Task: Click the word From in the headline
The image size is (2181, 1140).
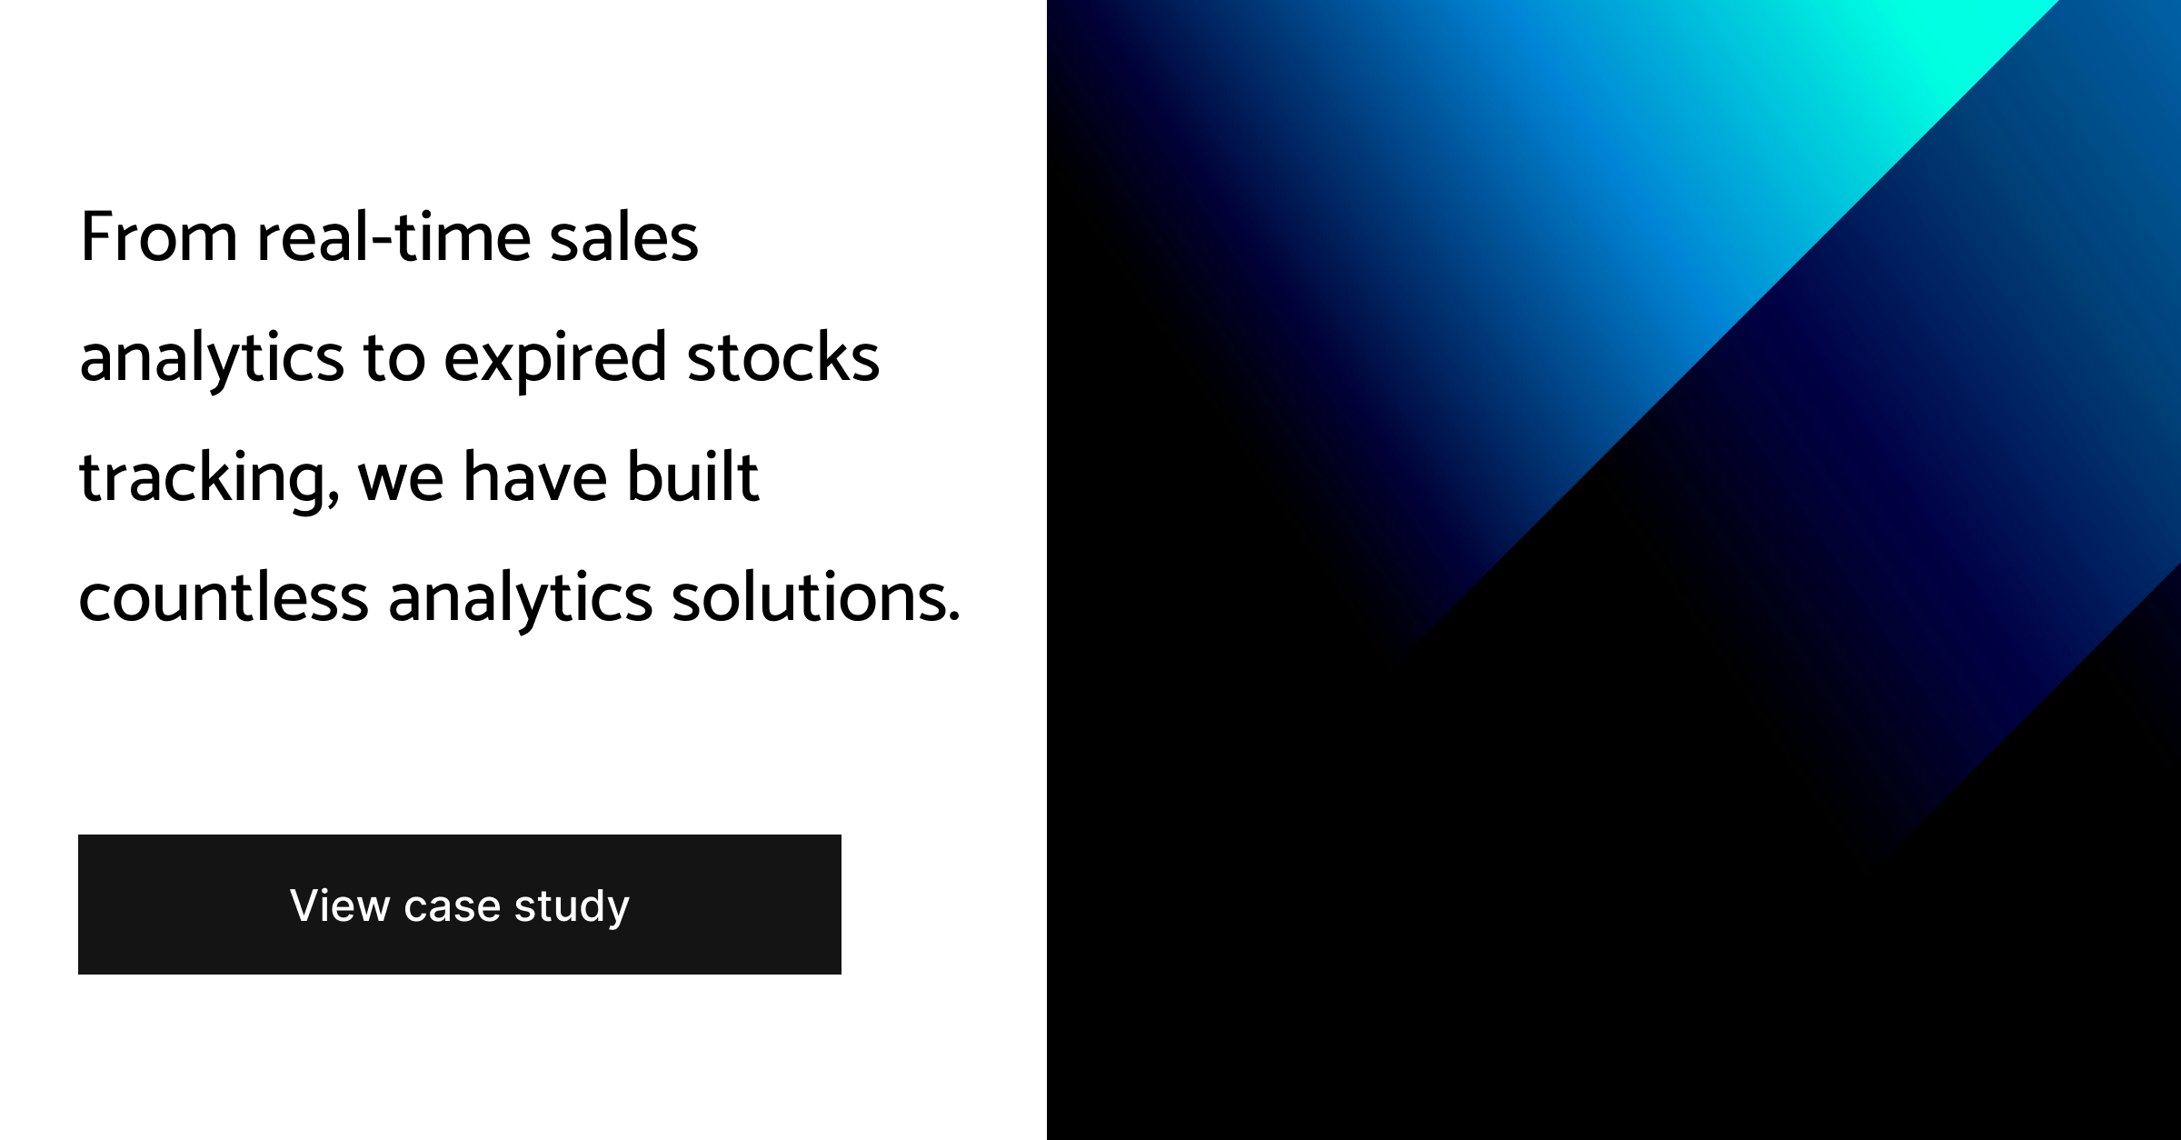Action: click(x=159, y=236)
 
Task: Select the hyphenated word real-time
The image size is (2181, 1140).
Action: click(x=393, y=236)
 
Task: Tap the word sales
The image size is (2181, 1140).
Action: click(x=623, y=236)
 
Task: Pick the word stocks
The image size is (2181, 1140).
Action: click(x=783, y=356)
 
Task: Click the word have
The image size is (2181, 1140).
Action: click(x=535, y=476)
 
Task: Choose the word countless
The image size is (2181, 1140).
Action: click(x=224, y=596)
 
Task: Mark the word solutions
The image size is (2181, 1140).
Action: click(x=809, y=596)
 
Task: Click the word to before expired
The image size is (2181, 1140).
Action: click(x=394, y=358)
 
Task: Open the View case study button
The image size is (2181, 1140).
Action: click(x=460, y=905)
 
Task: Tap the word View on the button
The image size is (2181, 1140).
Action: click(x=340, y=905)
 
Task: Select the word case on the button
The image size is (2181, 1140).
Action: click(x=452, y=908)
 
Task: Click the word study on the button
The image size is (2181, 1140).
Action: click(x=572, y=907)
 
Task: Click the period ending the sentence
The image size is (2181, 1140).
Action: click(x=953, y=617)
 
